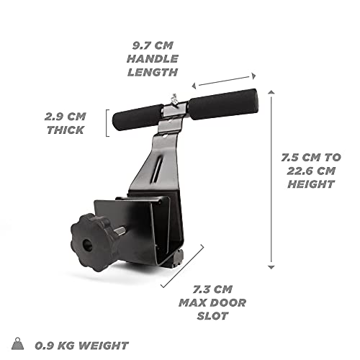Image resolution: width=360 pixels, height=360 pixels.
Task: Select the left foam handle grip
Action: coord(138,117)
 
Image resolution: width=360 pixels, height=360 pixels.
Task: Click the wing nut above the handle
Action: coord(174,99)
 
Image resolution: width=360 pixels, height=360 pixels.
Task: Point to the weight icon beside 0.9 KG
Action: coord(18,343)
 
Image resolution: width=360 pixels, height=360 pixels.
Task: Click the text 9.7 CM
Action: coord(153,45)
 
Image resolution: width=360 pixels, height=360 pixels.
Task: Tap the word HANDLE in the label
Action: coord(153,59)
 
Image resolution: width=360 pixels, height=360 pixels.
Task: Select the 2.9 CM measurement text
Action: coord(66,117)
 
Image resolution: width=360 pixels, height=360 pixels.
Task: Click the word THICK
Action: coord(66,130)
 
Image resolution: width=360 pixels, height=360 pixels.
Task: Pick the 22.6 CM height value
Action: coord(311,171)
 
